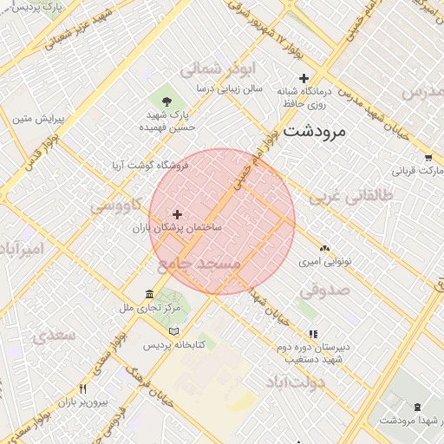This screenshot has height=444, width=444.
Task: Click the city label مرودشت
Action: [314, 132]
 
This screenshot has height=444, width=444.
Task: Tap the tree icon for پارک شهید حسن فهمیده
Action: [166, 101]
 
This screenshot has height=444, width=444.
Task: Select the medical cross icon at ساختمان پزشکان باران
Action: [178, 213]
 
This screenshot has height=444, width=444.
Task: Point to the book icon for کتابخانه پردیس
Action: [174, 331]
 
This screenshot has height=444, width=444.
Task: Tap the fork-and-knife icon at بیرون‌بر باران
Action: [82, 388]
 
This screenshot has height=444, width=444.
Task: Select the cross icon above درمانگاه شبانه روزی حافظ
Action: [304, 78]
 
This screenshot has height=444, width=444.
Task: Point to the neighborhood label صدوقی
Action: [324, 290]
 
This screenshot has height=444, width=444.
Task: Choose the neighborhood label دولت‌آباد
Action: [295, 382]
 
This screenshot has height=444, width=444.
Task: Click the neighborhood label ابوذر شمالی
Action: [213, 69]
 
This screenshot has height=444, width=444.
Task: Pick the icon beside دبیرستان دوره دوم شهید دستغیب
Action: [313, 334]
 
